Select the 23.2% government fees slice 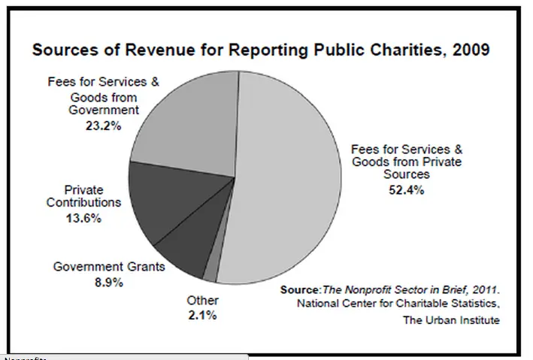click(x=188, y=120)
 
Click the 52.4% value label click(x=407, y=189)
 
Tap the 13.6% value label click(x=83, y=219)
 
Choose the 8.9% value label click(x=110, y=283)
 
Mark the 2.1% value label click(x=202, y=316)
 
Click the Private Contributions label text click(x=83, y=196)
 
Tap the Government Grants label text click(x=110, y=266)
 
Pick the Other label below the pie click(x=202, y=301)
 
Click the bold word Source click(x=300, y=289)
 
